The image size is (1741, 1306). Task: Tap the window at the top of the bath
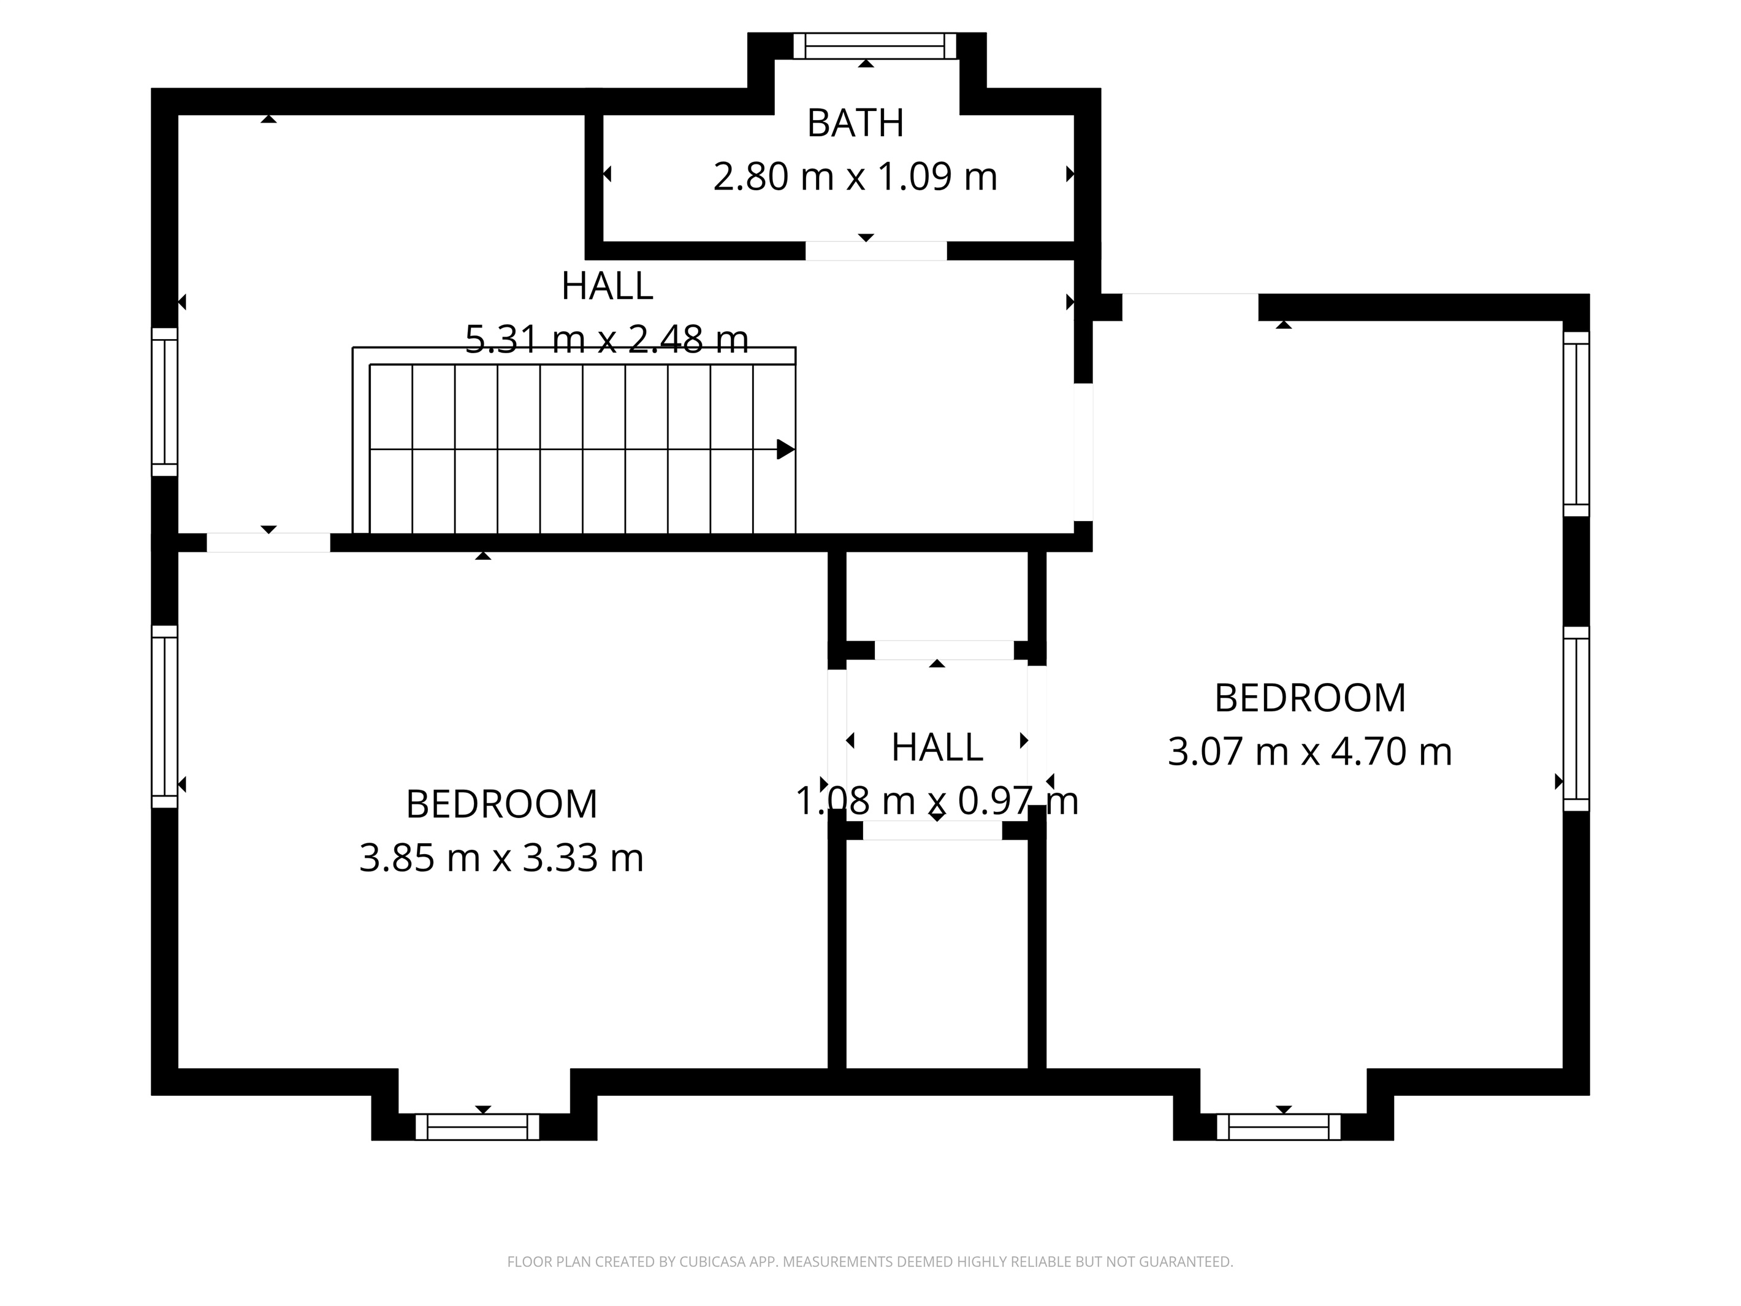874,47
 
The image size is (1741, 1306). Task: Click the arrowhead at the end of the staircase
785,449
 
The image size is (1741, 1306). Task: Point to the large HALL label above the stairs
607,286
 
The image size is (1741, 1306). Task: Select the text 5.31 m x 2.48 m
606,339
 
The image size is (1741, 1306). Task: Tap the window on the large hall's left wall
164,402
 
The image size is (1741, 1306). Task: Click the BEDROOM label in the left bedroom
501,804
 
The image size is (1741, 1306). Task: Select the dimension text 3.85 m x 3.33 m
501,857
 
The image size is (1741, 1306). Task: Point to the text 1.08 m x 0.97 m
937,801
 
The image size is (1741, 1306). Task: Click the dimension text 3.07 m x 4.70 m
1309,751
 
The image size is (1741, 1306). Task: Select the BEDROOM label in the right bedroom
1309,698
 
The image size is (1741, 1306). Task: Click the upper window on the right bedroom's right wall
1577,424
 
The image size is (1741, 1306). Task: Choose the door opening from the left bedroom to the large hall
269,543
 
